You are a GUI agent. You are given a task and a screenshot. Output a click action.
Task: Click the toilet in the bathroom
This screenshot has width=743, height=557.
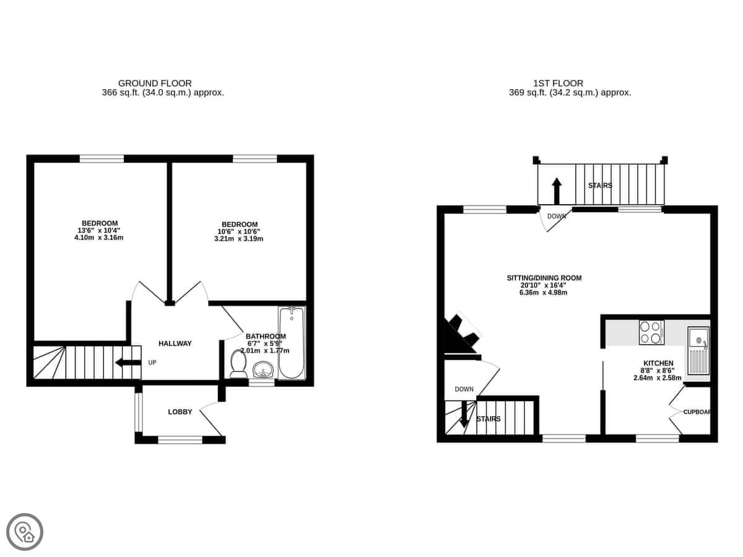[238, 364]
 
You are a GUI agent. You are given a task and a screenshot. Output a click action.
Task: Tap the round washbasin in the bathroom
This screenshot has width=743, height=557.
[263, 369]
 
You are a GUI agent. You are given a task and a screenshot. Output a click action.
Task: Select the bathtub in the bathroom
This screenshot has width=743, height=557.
[292, 343]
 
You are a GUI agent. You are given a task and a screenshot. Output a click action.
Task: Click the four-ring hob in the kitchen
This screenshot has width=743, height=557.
[651, 332]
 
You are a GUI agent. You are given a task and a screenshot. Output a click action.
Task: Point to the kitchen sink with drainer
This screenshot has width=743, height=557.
[698, 351]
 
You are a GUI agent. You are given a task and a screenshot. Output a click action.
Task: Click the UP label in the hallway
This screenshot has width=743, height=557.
[152, 363]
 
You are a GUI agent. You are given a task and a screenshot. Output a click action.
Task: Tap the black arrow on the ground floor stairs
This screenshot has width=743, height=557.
[128, 363]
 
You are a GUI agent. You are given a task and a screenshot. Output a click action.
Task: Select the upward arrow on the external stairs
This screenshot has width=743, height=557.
[557, 191]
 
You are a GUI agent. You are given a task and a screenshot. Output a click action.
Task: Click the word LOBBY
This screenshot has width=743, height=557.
[180, 412]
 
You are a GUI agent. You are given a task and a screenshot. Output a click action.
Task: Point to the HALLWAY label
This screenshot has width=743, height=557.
[175, 343]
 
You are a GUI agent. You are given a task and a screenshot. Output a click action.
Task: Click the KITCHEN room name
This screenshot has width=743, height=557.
[658, 363]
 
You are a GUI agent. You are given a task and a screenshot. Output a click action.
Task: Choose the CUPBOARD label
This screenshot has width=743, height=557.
[697, 412]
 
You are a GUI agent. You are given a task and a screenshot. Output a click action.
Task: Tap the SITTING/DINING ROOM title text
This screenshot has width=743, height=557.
[544, 278]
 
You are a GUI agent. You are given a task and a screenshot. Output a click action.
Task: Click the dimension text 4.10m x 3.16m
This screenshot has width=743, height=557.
[99, 238]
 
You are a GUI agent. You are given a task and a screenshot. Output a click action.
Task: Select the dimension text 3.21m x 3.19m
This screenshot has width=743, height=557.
[238, 239]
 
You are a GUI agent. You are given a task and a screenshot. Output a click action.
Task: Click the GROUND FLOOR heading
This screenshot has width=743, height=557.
[155, 83]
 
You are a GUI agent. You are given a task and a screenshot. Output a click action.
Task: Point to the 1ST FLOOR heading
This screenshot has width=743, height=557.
[558, 83]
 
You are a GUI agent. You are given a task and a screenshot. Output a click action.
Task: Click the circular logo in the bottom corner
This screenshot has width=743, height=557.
[25, 532]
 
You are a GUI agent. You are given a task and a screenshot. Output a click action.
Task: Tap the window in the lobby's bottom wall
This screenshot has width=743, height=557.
[180, 439]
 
